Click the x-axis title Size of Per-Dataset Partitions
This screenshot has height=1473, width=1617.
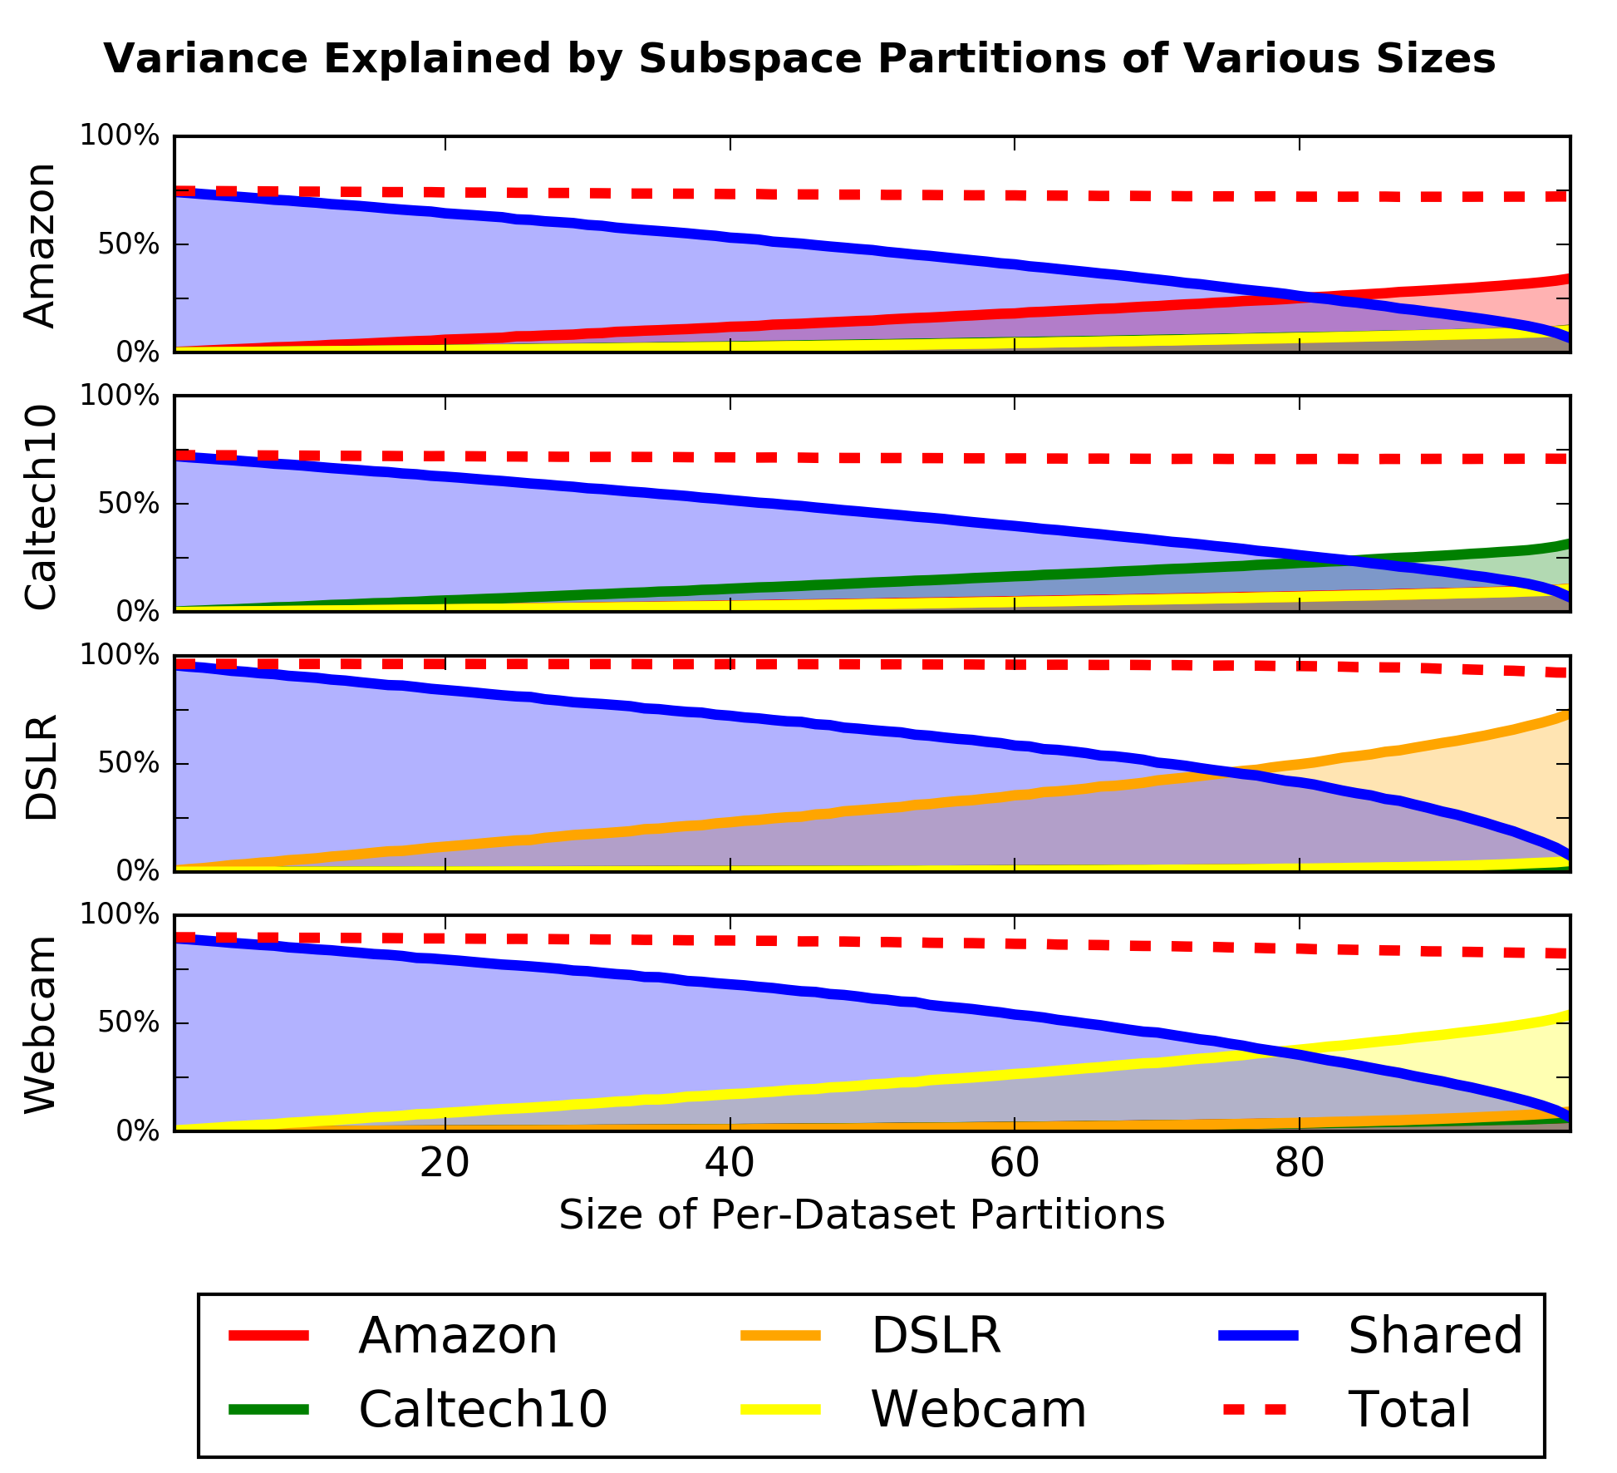[862, 1214]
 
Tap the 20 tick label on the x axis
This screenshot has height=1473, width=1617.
[445, 1164]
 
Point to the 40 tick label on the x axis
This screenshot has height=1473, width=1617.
[730, 1164]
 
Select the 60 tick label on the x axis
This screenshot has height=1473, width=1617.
[1015, 1164]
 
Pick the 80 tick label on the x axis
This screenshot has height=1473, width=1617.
[1299, 1164]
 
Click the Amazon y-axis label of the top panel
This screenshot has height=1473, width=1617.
[40, 245]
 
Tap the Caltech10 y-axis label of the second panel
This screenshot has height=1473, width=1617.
[40, 506]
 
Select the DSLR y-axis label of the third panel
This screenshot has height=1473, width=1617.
[40, 766]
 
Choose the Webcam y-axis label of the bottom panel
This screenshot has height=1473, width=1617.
[40, 1024]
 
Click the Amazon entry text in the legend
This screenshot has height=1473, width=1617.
[458, 1336]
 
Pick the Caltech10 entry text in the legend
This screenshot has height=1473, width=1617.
[483, 1409]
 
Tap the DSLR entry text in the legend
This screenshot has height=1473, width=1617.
[936, 1336]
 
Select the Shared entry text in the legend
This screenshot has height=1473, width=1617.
[1435, 1336]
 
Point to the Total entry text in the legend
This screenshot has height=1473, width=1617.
[1409, 1409]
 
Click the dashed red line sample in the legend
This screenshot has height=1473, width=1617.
[1256, 1409]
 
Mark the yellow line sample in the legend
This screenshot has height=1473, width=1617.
[780, 1409]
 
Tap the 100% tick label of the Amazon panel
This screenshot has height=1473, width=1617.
[119, 135]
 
